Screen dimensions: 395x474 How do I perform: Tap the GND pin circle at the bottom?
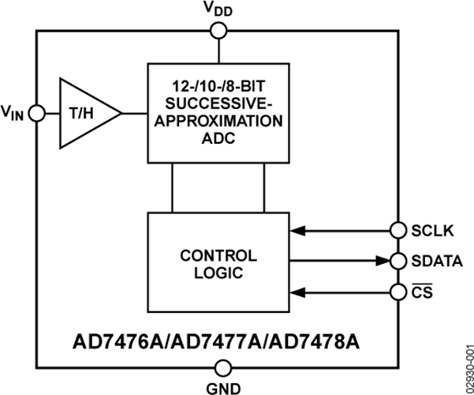[x=223, y=367]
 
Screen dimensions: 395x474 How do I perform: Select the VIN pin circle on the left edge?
[x=35, y=114]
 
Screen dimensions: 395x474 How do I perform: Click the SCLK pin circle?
[x=398, y=231]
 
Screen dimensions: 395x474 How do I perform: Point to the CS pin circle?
[x=398, y=292]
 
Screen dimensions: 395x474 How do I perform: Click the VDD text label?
[x=220, y=9]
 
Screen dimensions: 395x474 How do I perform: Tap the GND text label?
[x=223, y=386]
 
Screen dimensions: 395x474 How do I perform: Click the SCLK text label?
[x=431, y=231]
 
